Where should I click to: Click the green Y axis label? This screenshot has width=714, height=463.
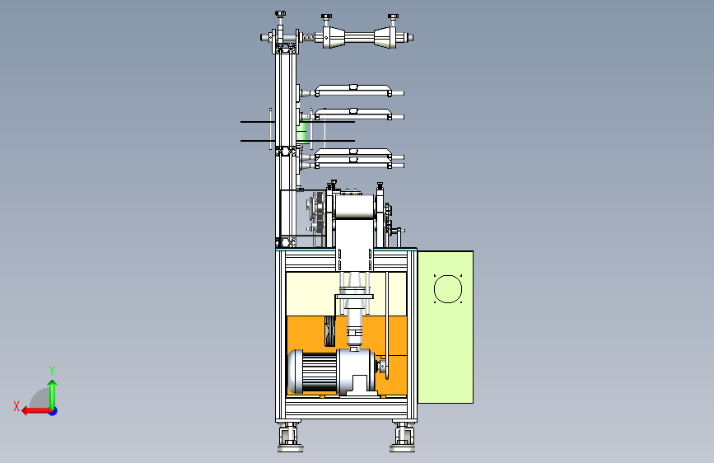coord(52,370)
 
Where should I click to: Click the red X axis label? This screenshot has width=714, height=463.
coord(16,406)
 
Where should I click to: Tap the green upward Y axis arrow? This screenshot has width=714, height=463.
coord(53,394)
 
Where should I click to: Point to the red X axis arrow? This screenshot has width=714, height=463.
coord(37,411)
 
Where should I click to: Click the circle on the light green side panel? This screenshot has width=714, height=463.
coord(448,289)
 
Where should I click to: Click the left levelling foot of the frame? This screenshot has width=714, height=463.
coord(290,437)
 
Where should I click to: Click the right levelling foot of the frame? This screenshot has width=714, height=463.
coord(403,437)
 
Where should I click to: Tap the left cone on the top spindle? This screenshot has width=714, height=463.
coord(334,37)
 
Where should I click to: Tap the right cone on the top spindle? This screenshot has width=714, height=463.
coord(385,37)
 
